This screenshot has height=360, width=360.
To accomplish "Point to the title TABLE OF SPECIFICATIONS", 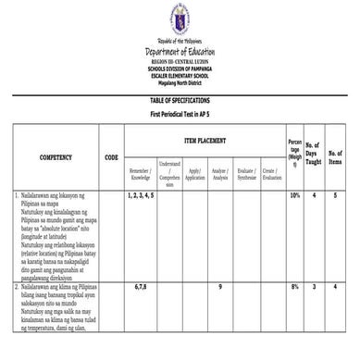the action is tap(180, 99).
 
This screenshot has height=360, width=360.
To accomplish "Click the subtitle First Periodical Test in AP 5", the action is tap(180, 112).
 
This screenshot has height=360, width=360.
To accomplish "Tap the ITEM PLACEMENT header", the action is tap(206, 140).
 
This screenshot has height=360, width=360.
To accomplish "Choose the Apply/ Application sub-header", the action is tap(194, 174).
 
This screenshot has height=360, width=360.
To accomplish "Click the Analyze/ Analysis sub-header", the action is tap(220, 174).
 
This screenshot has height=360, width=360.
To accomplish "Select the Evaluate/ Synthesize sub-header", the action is tap(246, 174).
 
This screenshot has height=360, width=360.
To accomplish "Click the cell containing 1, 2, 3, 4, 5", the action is tap(143, 196).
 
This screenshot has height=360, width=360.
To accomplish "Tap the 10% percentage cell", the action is tap(294, 196).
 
